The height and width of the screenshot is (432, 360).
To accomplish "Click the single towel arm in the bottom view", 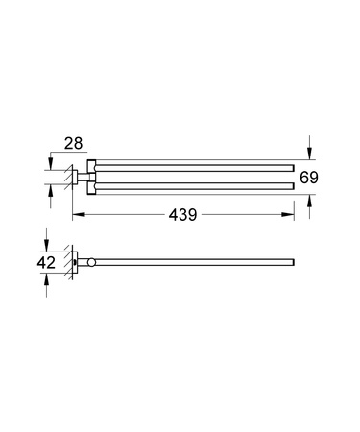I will (x=192, y=262).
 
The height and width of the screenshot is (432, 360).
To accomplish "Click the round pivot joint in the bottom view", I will (x=90, y=262).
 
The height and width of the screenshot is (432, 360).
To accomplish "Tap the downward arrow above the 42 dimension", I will (x=44, y=244).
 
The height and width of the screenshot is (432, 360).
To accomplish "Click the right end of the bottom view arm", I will (x=292, y=262).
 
